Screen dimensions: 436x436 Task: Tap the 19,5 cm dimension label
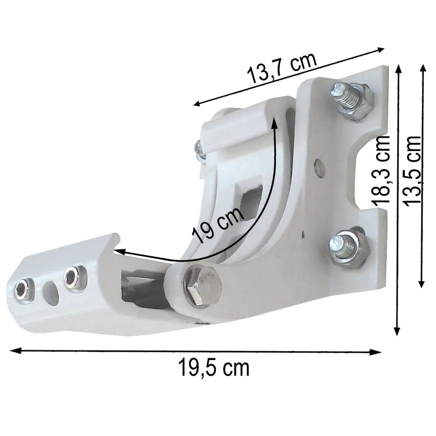[x=214, y=368]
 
